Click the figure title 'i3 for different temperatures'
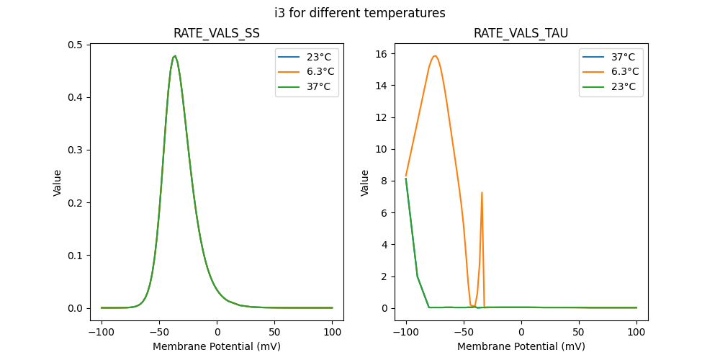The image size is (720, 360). click(359, 13)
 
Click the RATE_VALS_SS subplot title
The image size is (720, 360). click(217, 33)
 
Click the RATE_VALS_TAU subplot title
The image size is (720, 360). click(521, 33)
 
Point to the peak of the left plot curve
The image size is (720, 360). click(175, 56)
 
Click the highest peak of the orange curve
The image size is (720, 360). click(435, 56)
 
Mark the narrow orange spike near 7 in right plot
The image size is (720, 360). click(482, 193)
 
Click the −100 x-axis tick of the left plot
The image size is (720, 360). click(102, 333)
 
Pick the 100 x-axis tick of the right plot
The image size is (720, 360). click(636, 333)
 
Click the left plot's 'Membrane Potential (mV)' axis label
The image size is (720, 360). click(217, 346)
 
